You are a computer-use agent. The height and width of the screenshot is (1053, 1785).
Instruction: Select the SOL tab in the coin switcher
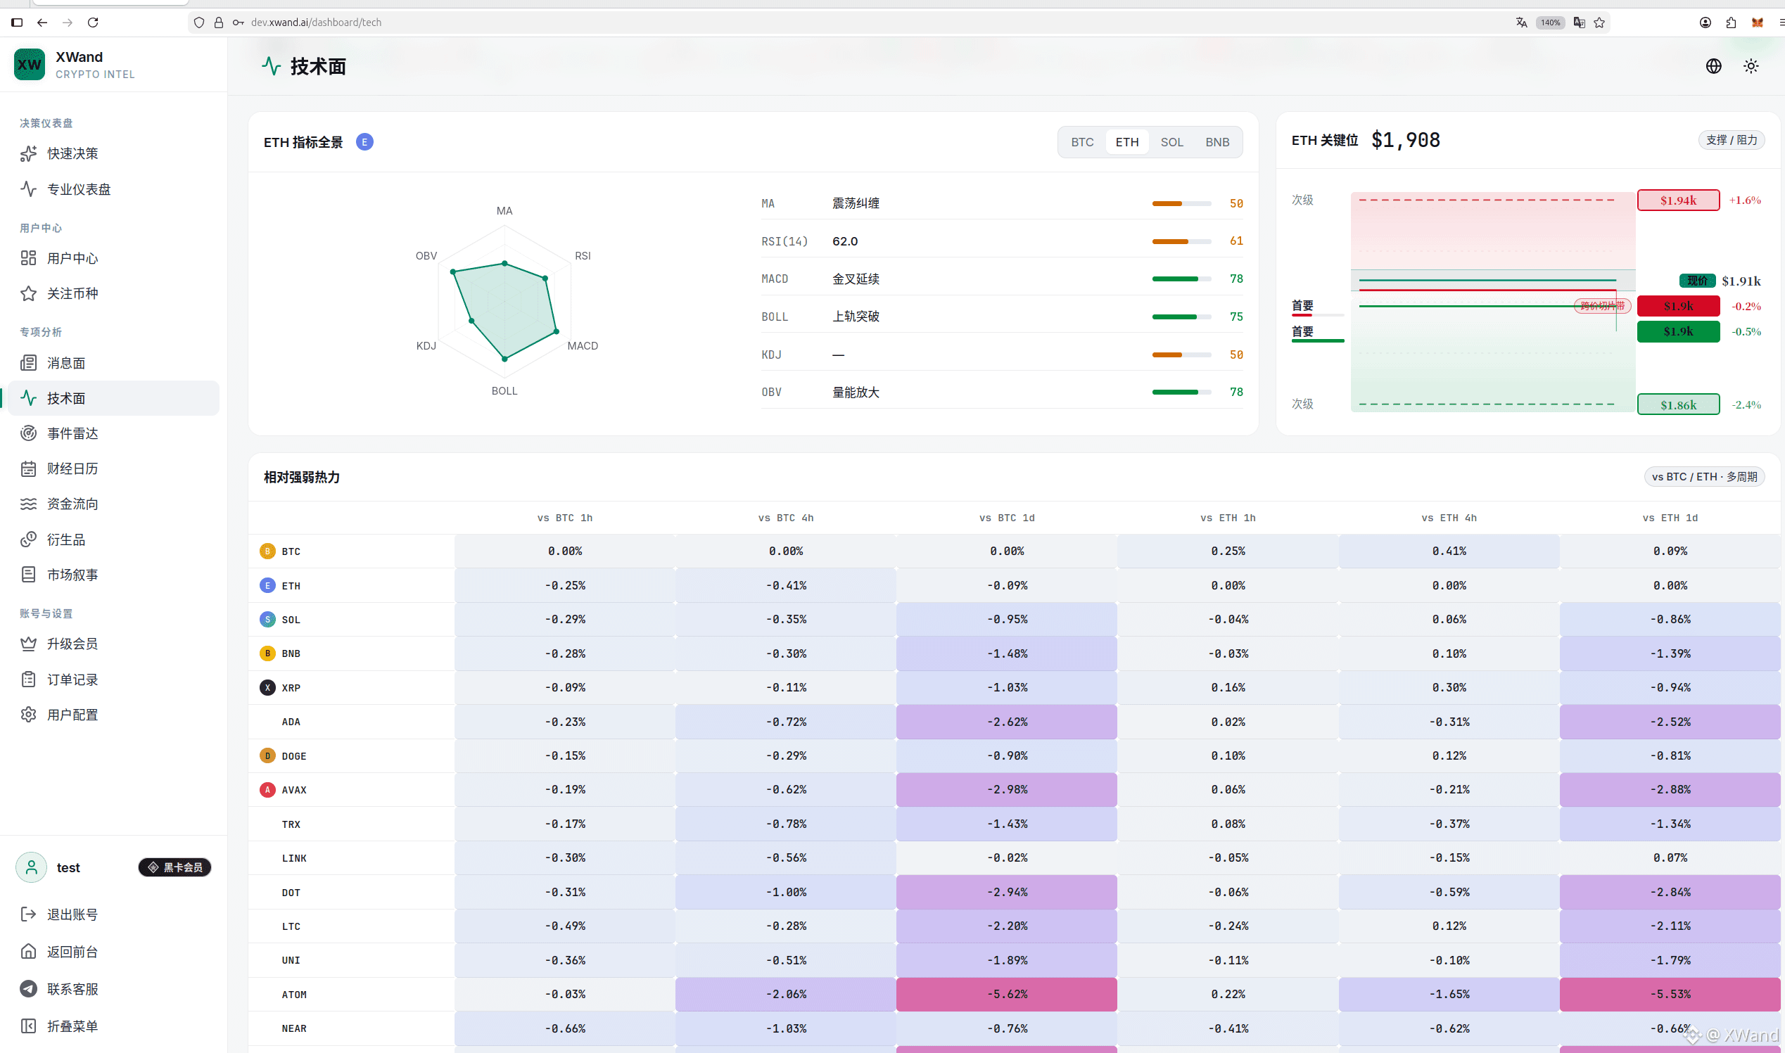pyautogui.click(x=1171, y=142)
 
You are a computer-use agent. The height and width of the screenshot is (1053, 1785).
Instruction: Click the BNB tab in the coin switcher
pyautogui.click(x=1217, y=142)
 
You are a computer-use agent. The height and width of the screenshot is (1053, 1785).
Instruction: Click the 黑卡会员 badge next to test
pyautogui.click(x=174, y=867)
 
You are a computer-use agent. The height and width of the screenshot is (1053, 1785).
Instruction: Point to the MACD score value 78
pyautogui.click(x=1236, y=279)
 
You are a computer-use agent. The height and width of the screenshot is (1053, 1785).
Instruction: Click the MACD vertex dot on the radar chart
pyautogui.click(x=557, y=331)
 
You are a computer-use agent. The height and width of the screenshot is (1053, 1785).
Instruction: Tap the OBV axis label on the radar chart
pyautogui.click(x=426, y=255)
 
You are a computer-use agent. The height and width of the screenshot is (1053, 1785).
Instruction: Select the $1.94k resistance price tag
pyautogui.click(x=1679, y=200)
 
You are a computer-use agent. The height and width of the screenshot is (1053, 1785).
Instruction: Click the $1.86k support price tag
pyautogui.click(x=1679, y=404)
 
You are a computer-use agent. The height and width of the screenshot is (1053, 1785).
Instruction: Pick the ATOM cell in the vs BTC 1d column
pyautogui.click(x=1006, y=994)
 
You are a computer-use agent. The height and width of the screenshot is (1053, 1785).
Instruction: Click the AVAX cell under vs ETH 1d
pyautogui.click(x=1670, y=790)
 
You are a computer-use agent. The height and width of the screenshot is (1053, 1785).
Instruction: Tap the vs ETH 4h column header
pyautogui.click(x=1449, y=518)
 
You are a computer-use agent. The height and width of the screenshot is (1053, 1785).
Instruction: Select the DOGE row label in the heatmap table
pyautogui.click(x=294, y=755)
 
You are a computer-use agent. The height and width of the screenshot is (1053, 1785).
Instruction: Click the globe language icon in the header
pyautogui.click(x=1713, y=66)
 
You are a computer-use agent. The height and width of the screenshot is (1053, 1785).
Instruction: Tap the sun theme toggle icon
pyautogui.click(x=1751, y=66)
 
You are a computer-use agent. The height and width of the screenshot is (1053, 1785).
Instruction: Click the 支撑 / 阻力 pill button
pyautogui.click(x=1732, y=140)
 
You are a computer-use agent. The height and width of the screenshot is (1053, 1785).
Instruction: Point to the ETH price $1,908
pyautogui.click(x=1405, y=140)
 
